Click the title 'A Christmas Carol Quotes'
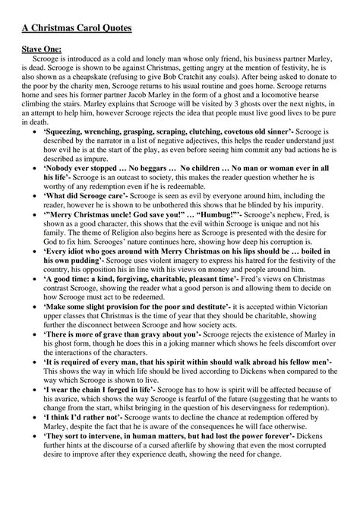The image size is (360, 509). (x=76, y=29)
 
